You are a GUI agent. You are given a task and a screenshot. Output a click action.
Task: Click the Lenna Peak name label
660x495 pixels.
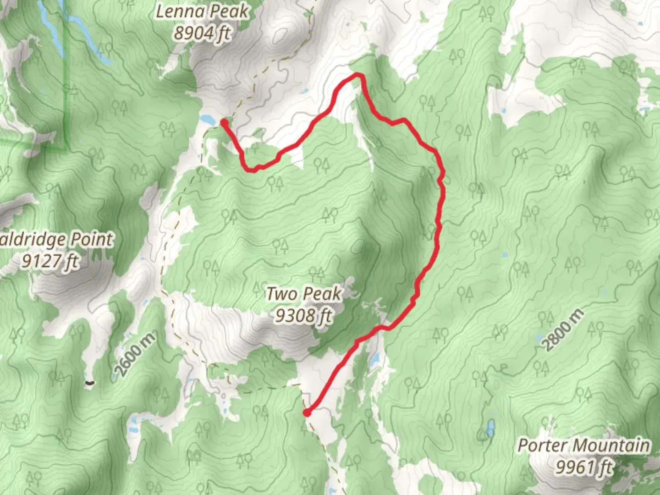tap(202, 12)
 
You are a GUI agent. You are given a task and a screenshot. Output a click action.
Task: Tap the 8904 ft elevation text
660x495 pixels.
tap(202, 33)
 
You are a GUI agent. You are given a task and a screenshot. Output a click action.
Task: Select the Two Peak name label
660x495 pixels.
tap(304, 294)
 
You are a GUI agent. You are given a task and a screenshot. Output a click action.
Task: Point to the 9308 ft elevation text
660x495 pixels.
tap(303, 315)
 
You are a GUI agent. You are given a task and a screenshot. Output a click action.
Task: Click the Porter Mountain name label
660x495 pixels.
tap(583, 445)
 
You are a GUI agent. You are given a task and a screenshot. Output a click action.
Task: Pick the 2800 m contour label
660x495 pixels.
tap(564, 330)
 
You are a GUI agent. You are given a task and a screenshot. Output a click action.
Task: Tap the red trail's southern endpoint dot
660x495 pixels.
tap(307, 413)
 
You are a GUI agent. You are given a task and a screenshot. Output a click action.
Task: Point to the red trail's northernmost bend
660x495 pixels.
tap(358, 75)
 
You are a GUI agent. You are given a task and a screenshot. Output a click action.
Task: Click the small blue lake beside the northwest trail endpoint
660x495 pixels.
tap(208, 119)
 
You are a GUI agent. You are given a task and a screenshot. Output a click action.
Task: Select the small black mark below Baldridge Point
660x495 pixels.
tap(89, 381)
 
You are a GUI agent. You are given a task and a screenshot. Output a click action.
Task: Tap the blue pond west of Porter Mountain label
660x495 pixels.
tap(490, 428)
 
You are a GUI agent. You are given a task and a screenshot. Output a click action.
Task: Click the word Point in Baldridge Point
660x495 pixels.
tap(90, 240)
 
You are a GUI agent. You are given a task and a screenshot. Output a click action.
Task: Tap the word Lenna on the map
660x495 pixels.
tap(177, 12)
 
